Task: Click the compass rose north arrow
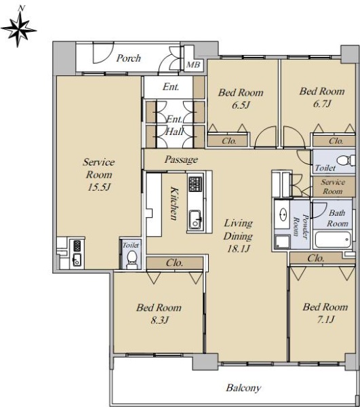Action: point(19,29)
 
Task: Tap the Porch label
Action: point(129,58)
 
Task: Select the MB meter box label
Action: point(193,64)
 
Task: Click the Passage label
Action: point(181,159)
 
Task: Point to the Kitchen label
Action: point(174,203)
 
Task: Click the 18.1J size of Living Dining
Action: point(239,249)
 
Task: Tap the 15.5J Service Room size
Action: point(99,187)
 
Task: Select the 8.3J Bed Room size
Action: point(159,320)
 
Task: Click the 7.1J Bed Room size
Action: point(326,319)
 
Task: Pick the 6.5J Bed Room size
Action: point(241,105)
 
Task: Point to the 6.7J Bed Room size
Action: point(322,104)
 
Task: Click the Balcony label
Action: point(243,388)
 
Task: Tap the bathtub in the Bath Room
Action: point(333,239)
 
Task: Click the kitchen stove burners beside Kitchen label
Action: point(195,184)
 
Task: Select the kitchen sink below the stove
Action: point(195,220)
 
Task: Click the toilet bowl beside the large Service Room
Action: point(132,259)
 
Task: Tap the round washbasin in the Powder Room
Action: point(283,214)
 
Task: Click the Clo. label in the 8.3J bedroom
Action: point(174,263)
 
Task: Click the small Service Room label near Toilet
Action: point(333,187)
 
